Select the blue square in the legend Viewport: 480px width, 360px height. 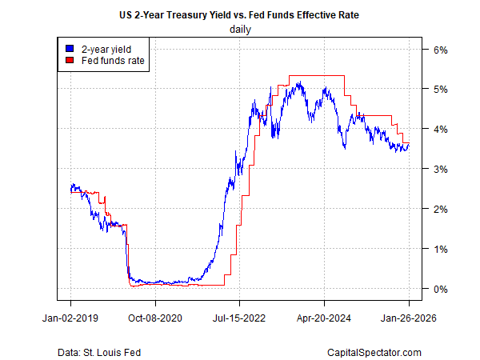point(69,48)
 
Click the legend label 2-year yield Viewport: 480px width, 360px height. point(107,48)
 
